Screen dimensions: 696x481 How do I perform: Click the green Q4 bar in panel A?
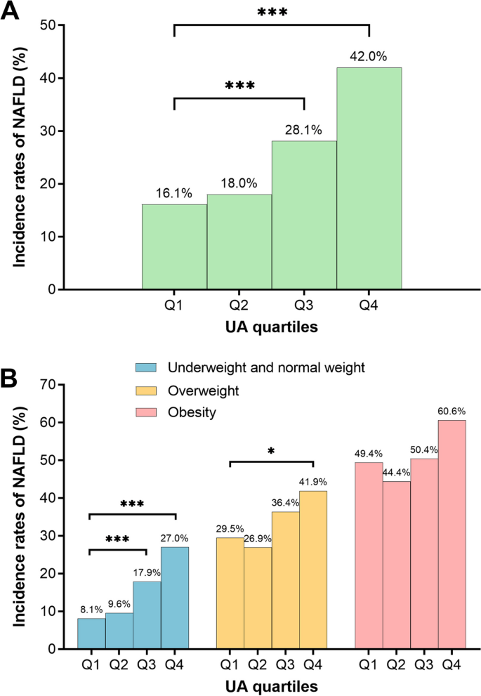click(x=369, y=178)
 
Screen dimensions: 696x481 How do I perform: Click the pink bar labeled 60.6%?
click(x=452, y=534)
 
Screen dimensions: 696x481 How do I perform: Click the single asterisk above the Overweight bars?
click(x=272, y=449)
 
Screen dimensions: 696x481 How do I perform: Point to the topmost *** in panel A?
click(x=272, y=13)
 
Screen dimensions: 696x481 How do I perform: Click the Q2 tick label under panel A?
click(x=239, y=305)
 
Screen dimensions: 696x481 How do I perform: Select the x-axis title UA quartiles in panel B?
click(x=271, y=684)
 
